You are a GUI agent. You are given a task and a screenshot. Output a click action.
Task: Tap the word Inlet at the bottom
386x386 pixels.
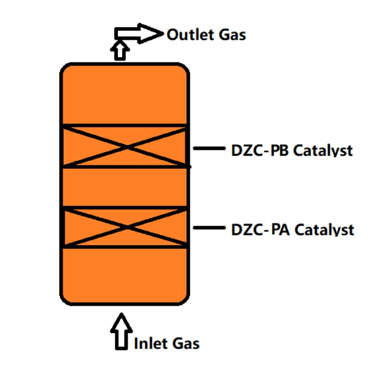150,344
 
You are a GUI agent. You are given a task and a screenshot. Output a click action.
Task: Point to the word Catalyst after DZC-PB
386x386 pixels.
323,151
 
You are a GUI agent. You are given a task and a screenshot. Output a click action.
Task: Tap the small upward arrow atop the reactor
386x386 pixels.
119,50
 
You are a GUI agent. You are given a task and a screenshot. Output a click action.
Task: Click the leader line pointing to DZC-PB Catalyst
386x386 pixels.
209,149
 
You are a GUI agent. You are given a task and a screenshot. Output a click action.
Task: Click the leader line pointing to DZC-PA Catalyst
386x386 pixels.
209,228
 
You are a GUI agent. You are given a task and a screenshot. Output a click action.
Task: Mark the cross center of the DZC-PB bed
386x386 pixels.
125,146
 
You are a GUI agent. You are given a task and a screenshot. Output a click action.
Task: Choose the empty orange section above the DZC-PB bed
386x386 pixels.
124,94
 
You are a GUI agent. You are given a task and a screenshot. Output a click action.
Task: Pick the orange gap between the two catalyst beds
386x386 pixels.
124,187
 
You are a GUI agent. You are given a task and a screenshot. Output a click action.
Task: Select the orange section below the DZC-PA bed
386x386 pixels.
124,275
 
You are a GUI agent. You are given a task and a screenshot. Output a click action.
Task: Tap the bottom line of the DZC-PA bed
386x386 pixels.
124,248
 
